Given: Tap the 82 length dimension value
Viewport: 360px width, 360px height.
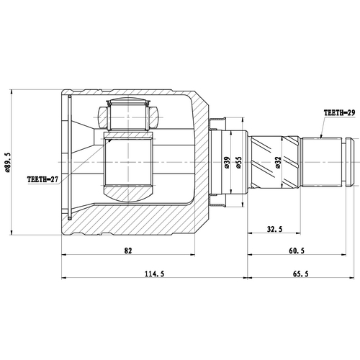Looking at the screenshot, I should tap(128, 251).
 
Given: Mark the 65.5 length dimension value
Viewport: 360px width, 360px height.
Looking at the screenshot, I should tap(300, 274).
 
